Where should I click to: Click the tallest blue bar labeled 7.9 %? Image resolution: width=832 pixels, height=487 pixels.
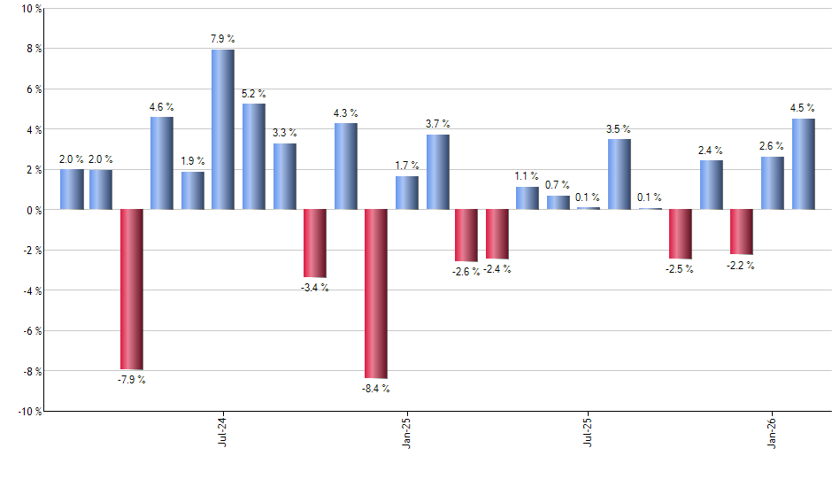(223, 129)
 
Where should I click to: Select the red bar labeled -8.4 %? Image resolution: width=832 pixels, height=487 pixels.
(376, 294)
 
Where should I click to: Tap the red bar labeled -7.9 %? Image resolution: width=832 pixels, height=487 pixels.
(132, 289)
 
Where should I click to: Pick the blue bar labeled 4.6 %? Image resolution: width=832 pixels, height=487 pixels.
(162, 163)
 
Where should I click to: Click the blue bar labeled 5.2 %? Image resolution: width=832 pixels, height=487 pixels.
(254, 157)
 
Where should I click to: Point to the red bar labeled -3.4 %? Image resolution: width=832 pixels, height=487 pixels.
(315, 243)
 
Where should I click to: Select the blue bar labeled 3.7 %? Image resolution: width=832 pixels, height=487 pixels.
(437, 172)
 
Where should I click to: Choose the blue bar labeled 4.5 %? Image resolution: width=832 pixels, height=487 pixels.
(804, 164)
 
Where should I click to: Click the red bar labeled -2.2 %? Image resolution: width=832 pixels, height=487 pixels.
(742, 232)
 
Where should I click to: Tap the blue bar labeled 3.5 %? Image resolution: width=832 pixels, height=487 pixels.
(620, 174)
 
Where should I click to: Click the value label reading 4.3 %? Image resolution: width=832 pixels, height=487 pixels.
(346, 112)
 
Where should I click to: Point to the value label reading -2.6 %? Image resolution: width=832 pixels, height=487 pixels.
(466, 272)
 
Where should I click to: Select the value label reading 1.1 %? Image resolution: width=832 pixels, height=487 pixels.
(527, 176)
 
